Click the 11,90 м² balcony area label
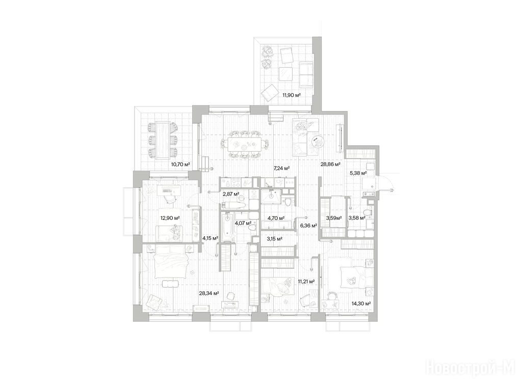point(292,95)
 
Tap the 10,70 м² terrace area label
point(180,164)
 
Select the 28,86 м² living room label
point(330,164)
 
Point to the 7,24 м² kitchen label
point(281,168)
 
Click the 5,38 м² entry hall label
point(358,173)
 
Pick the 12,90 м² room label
point(170,218)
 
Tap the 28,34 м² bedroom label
point(208,293)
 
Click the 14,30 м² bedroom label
point(361,303)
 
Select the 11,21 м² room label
point(306,281)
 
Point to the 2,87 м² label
point(231,193)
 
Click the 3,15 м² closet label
point(275,239)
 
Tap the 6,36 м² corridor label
point(308,226)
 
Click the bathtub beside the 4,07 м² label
point(227,227)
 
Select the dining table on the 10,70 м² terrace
point(163,141)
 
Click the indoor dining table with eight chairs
point(245,145)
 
